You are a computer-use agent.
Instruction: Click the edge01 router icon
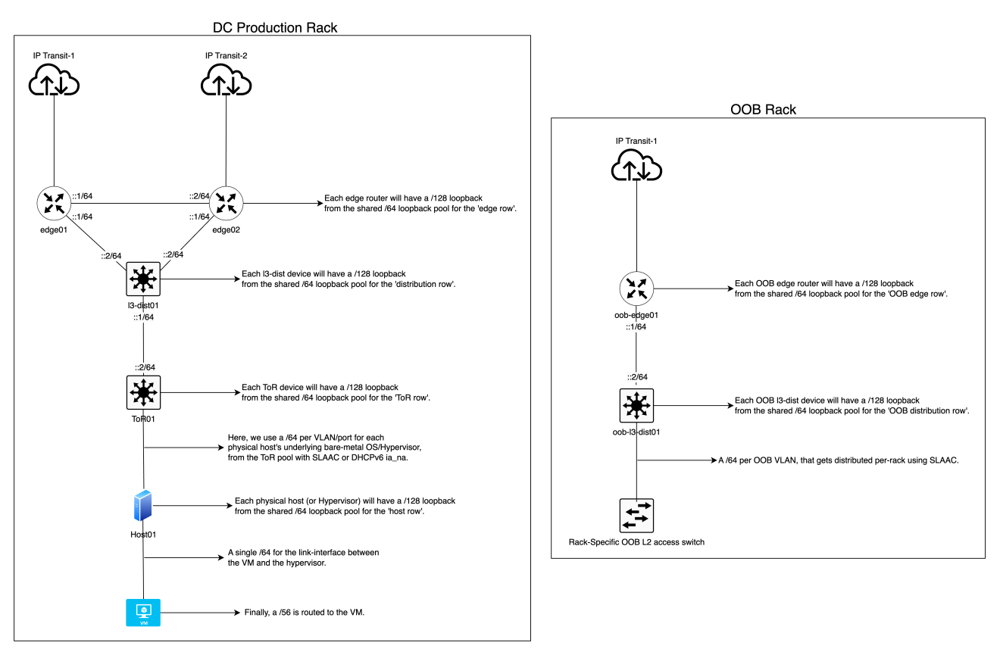pyautogui.click(x=54, y=204)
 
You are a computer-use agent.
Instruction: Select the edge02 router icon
pyautogui.click(x=226, y=204)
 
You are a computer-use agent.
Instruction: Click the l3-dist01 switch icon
pyautogui.click(x=142, y=280)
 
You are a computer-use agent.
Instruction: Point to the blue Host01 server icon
pyautogui.click(x=142, y=506)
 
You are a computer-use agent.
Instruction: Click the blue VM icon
pyautogui.click(x=142, y=612)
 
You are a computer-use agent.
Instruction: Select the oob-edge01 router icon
pyautogui.click(x=636, y=289)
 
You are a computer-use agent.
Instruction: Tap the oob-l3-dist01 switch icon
pyautogui.click(x=636, y=407)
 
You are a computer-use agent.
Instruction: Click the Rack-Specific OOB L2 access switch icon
pyautogui.click(x=636, y=516)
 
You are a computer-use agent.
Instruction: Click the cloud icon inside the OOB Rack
pyautogui.click(x=636, y=166)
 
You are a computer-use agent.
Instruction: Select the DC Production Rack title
pyautogui.click(x=276, y=27)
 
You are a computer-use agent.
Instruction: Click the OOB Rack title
pyautogui.click(x=763, y=110)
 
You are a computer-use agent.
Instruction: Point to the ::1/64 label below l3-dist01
pyautogui.click(x=142, y=317)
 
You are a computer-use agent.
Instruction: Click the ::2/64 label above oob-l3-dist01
pyautogui.click(x=636, y=376)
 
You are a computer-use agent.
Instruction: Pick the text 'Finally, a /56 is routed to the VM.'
pyautogui.click(x=305, y=612)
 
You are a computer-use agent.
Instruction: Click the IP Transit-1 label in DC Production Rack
pyautogui.click(x=54, y=56)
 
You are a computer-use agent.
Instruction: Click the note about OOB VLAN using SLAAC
pyautogui.click(x=839, y=460)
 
